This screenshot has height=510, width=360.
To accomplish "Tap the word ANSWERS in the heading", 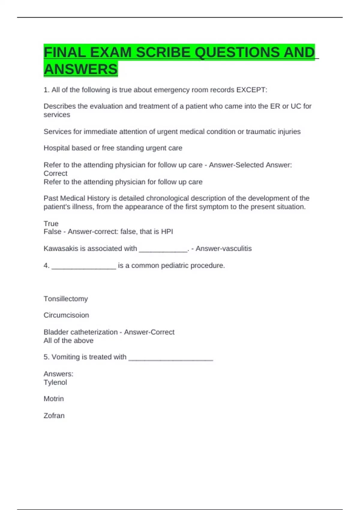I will (80, 69).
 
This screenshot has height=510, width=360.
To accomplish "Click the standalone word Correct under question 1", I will (55, 173).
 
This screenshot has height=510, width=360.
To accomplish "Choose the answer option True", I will (51, 223).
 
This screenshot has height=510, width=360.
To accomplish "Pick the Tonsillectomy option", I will (66, 299).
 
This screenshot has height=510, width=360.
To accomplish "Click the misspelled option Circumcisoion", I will (66, 315).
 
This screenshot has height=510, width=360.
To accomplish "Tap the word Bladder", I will (55, 332).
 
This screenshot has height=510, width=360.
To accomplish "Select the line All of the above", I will (68, 340).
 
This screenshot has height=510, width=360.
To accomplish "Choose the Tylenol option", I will (55, 382).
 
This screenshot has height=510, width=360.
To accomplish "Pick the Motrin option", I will (54, 399).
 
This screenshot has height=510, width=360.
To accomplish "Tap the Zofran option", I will (54, 416).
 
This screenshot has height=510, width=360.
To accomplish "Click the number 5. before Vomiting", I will (46, 357).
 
